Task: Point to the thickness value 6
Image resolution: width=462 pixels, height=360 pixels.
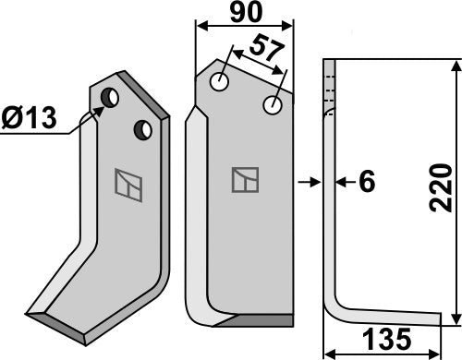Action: (x=366, y=184)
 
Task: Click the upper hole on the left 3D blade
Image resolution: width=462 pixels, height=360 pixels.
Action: (x=109, y=97)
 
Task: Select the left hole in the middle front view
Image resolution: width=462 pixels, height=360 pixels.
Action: (x=220, y=83)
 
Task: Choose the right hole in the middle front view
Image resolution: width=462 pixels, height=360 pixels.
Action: (x=274, y=106)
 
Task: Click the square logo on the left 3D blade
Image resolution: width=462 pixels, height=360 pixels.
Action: (x=128, y=183)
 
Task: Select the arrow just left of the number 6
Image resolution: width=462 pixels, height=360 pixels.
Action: (x=340, y=184)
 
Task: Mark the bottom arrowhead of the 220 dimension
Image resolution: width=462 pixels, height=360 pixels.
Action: (x=454, y=319)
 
